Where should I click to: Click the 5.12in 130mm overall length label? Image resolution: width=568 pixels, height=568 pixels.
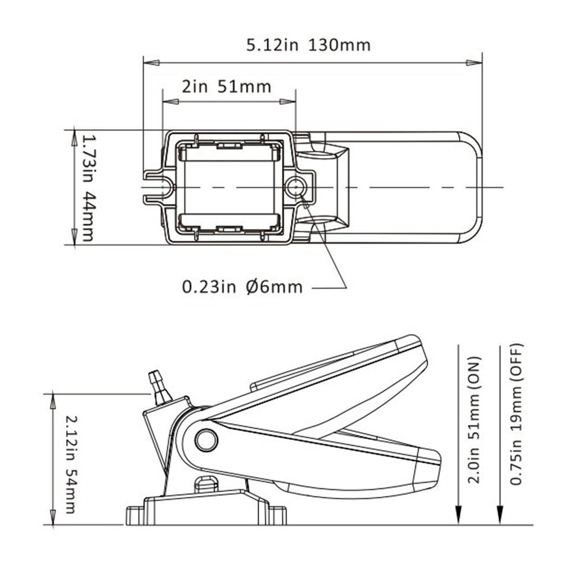(308, 45)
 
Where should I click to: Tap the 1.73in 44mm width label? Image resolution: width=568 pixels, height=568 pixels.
(85, 187)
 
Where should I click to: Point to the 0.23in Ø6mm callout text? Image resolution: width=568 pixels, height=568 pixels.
(242, 287)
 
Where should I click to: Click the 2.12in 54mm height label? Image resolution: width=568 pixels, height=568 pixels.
(70, 464)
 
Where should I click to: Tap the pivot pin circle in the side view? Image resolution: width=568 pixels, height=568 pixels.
(206, 440)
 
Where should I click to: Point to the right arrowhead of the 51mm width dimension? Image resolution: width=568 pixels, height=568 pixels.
(288, 102)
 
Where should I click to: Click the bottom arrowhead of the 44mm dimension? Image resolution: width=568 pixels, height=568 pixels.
(74, 238)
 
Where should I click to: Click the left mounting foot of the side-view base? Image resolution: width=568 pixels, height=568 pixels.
(135, 515)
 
